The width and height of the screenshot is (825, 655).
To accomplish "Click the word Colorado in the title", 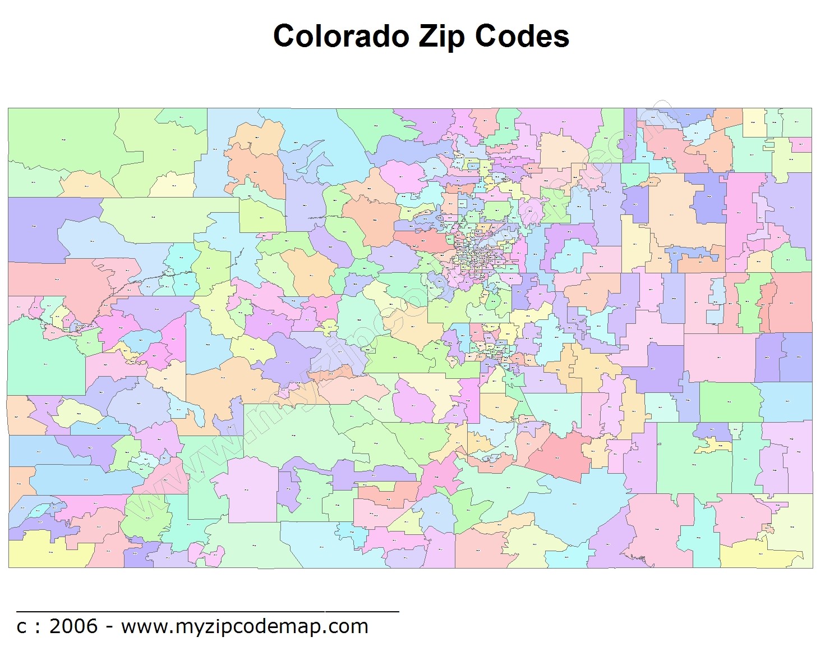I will [x=341, y=36].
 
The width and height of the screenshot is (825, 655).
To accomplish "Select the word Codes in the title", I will [x=522, y=36].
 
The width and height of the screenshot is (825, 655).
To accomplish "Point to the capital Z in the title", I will [x=427, y=36].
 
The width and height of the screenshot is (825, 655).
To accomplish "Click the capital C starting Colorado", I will [x=284, y=36].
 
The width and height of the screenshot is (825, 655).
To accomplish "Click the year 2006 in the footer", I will [x=73, y=626].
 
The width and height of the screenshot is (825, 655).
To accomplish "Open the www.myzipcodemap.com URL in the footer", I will [x=245, y=626].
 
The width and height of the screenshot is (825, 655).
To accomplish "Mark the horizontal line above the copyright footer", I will [x=208, y=610].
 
